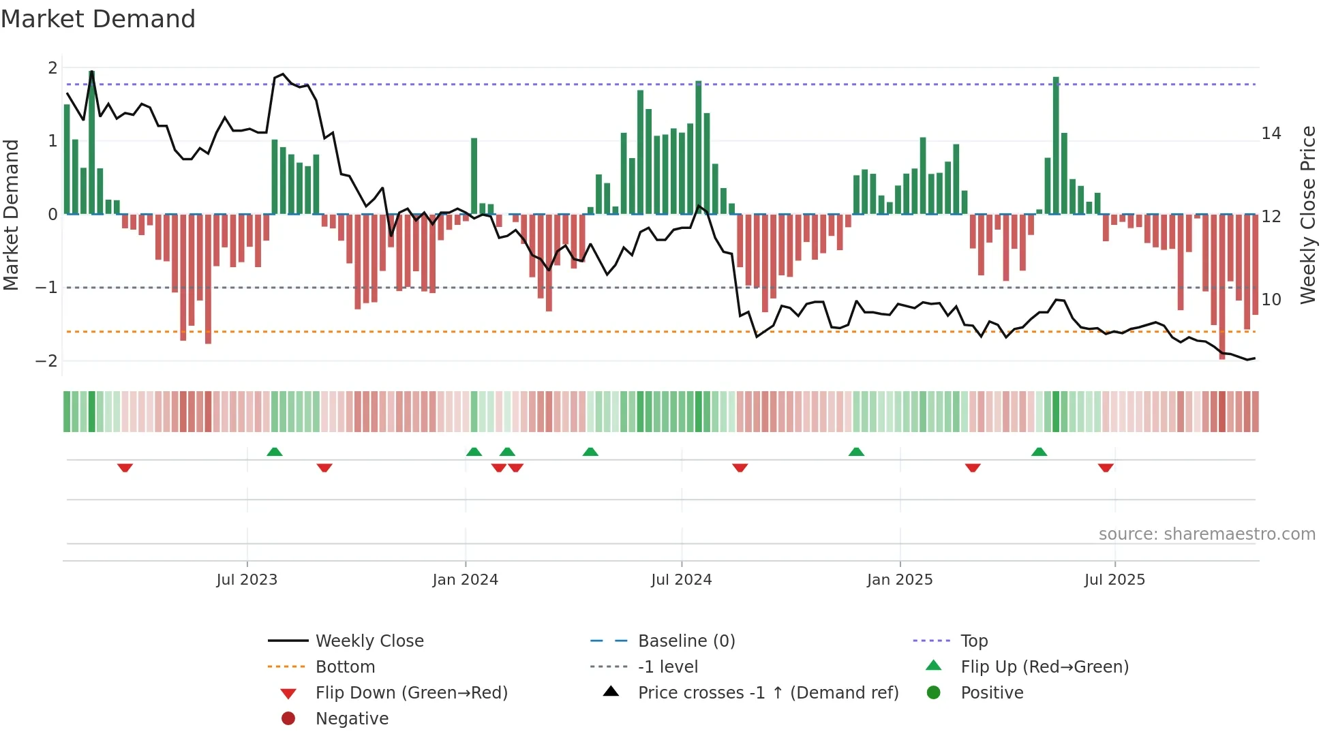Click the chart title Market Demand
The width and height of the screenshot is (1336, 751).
click(x=98, y=19)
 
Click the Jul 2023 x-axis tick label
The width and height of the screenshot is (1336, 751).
click(x=247, y=580)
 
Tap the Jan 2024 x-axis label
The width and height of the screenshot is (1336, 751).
click(x=466, y=580)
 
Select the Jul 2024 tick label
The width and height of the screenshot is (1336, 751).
click(x=681, y=580)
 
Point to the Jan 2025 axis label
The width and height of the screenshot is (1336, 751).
click(x=900, y=580)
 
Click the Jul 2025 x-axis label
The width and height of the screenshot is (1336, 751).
click(x=1114, y=580)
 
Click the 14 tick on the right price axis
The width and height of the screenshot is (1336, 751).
click(x=1271, y=134)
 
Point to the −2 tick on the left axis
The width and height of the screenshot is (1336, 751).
click(x=46, y=361)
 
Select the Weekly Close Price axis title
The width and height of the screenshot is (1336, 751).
click(x=1307, y=215)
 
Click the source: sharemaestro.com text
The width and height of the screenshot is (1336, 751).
click(x=1206, y=534)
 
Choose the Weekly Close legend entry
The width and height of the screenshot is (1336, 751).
click(x=369, y=641)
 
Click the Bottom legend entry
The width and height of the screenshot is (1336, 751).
click(x=345, y=667)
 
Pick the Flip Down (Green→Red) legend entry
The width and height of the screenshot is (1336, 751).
click(x=411, y=693)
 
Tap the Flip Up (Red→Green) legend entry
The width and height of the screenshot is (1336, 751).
click(x=1044, y=667)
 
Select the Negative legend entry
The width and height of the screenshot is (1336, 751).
click(x=352, y=719)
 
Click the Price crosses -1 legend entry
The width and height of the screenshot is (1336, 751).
click(x=768, y=693)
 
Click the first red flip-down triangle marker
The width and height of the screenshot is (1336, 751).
click(x=125, y=468)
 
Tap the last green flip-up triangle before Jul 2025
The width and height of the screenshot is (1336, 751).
click(x=1039, y=452)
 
